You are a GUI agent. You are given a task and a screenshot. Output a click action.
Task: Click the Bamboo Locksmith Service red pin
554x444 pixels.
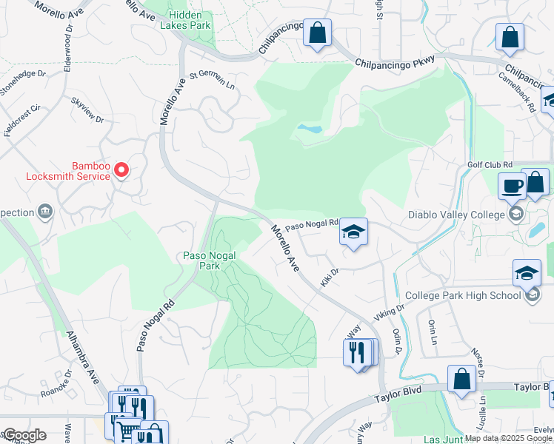pos(121,170)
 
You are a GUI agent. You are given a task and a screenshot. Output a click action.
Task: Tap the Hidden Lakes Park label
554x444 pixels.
pos(190,20)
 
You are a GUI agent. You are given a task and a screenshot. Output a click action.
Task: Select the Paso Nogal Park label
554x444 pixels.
pos(210,260)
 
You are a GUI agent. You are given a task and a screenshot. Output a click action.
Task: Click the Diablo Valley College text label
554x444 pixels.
pos(455,215)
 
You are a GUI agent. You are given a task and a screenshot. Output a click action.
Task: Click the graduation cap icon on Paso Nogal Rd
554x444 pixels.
pos(353,233)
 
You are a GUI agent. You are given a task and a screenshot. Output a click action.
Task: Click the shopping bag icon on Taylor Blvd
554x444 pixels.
pos(461,378)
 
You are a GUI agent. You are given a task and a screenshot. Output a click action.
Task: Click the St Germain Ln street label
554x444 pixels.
pos(212,79)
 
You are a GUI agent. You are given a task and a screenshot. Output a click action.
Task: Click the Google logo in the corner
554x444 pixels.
pos(24,435)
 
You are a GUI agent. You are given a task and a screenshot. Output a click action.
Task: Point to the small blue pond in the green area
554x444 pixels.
pos(310,129)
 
